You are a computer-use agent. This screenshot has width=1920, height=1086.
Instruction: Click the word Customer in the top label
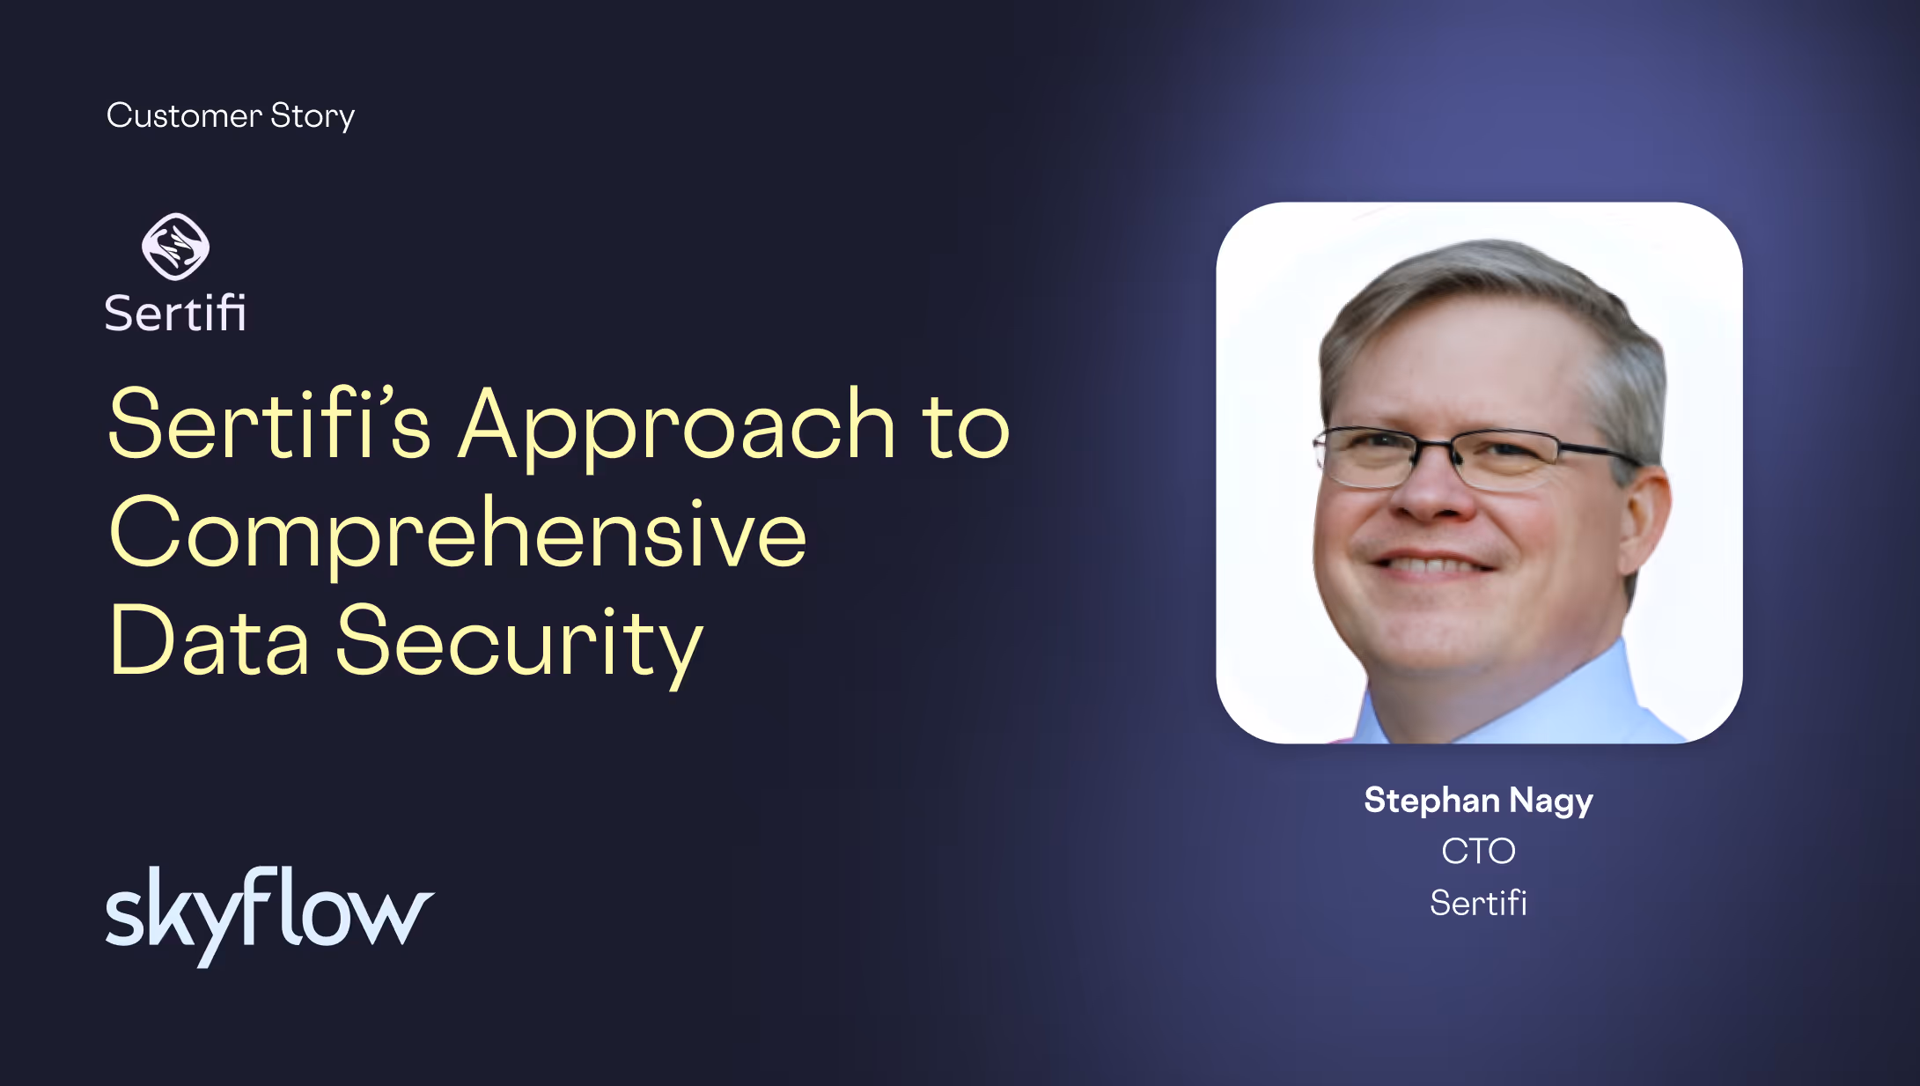pyautogui.click(x=184, y=115)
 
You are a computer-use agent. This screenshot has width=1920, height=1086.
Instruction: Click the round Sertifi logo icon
pyautogui.click(x=176, y=247)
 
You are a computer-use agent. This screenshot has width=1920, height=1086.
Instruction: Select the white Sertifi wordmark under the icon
pyautogui.click(x=175, y=313)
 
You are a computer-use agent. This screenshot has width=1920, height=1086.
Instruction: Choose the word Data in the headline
pyautogui.click(x=210, y=640)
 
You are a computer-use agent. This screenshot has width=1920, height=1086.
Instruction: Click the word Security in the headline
pyautogui.click(x=519, y=646)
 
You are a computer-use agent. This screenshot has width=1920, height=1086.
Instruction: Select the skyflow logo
pyautogui.click(x=269, y=916)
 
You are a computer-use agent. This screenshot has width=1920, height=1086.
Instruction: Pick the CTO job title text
pyautogui.click(x=1478, y=852)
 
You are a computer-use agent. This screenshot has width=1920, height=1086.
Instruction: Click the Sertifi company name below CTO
pyautogui.click(x=1478, y=903)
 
